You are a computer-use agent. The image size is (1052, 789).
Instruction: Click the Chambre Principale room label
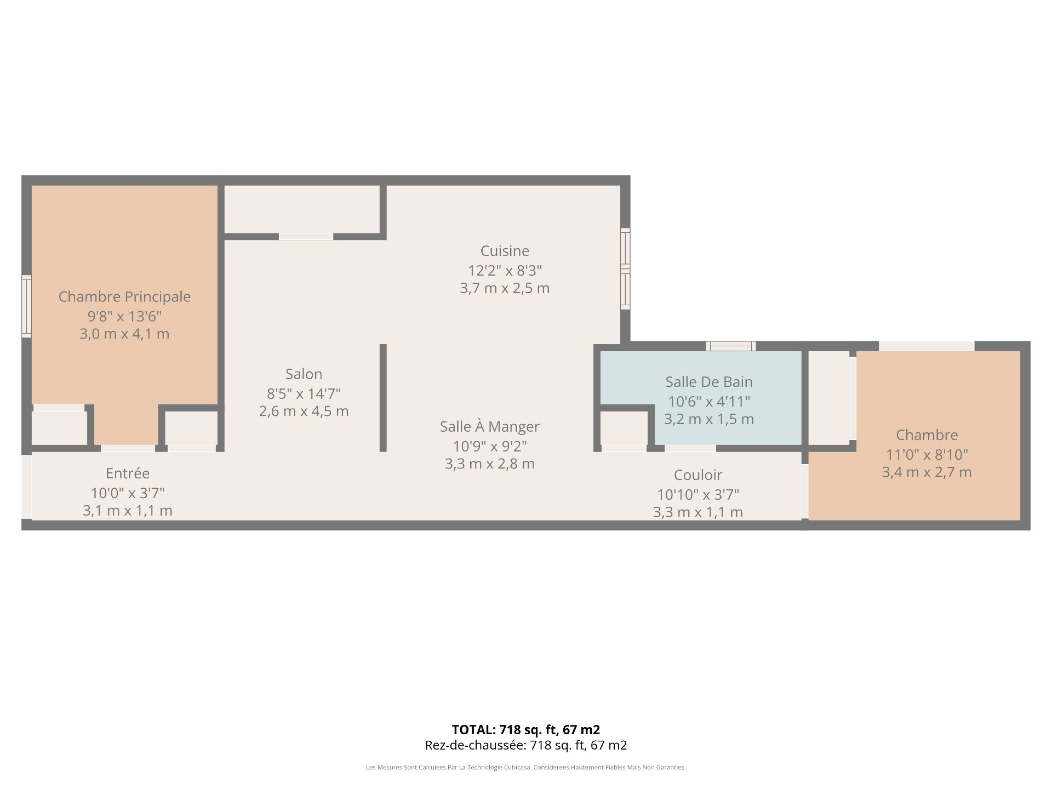pyautogui.click(x=125, y=296)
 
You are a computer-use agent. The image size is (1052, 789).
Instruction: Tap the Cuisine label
pyautogui.click(x=505, y=251)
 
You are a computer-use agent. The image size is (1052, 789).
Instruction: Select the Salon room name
pyautogui.click(x=304, y=374)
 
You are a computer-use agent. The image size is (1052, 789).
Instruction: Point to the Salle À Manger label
pyautogui.click(x=490, y=426)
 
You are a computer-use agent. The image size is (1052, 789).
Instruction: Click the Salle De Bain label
pyautogui.click(x=709, y=382)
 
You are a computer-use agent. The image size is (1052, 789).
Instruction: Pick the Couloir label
pyautogui.click(x=698, y=475)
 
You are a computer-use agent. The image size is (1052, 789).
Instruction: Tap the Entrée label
pyautogui.click(x=128, y=473)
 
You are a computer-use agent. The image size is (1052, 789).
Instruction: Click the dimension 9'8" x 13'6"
pyautogui.click(x=125, y=316)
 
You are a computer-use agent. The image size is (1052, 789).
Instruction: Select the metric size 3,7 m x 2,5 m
pyautogui.click(x=505, y=288)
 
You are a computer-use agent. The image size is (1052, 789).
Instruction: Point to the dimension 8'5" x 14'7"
pyautogui.click(x=304, y=393)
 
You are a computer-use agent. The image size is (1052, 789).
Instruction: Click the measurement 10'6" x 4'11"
pyautogui.click(x=709, y=402)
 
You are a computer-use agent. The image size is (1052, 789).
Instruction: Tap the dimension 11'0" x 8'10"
pyautogui.click(x=927, y=455)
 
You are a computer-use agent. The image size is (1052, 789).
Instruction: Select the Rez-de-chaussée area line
pyautogui.click(x=526, y=745)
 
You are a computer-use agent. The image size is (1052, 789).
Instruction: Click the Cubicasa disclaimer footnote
pyautogui.click(x=526, y=768)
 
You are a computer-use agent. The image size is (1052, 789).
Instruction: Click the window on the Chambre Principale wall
pyautogui.click(x=26, y=306)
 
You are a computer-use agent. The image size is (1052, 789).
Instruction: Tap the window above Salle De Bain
pyautogui.click(x=731, y=346)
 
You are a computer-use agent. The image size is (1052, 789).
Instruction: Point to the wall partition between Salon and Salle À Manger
pyautogui.click(x=383, y=398)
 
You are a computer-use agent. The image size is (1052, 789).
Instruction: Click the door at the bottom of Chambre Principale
pyautogui.click(x=128, y=448)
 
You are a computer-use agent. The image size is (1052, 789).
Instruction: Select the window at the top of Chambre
pyautogui.click(x=927, y=346)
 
